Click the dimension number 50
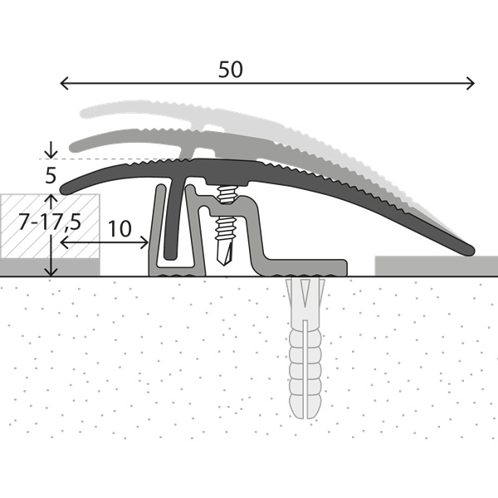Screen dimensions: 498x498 pos(231,70)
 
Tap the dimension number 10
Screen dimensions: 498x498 pos(120,228)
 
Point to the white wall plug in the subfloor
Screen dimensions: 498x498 pos(303,349)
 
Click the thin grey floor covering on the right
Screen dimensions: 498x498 pos(436,265)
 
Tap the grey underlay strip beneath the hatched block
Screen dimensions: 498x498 pos(50,266)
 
